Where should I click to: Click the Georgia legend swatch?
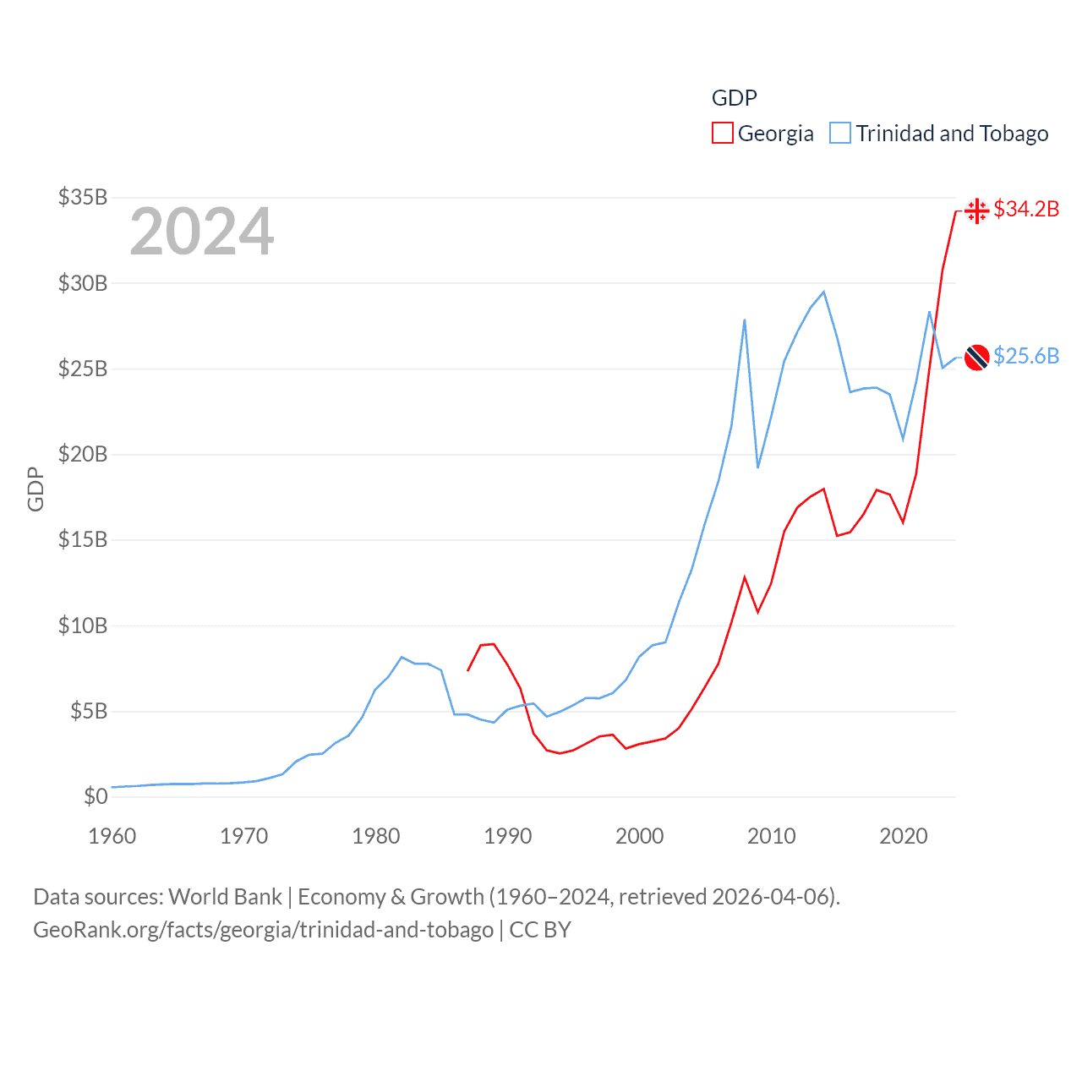point(722,134)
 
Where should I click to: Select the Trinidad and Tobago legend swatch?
point(839,134)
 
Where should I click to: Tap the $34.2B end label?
point(1026,209)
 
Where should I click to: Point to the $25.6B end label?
point(1026,356)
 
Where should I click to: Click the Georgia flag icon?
point(976,210)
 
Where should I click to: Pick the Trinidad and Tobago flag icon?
point(976,358)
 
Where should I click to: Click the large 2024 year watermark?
point(201,232)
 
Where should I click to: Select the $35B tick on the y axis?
point(83,197)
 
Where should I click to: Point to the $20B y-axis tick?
point(83,454)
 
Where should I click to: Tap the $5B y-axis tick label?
point(89,711)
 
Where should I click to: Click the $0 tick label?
point(96,796)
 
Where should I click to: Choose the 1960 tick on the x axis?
point(112,836)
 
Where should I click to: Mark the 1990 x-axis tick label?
point(508,836)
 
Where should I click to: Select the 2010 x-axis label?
point(772,836)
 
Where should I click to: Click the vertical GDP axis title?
point(36,489)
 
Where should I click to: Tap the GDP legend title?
point(734,98)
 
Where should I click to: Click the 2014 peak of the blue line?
point(823,292)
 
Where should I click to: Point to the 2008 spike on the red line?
point(745,577)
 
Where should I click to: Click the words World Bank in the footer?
point(225,896)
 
